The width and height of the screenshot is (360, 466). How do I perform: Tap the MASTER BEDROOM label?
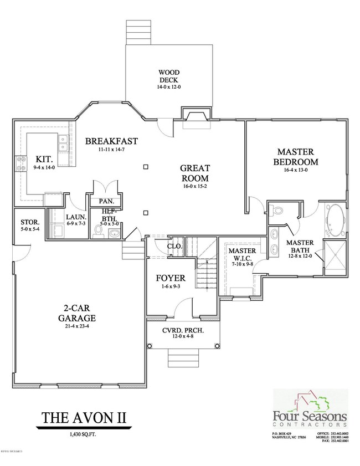click(296, 156)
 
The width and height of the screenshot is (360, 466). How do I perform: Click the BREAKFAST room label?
click(111, 141)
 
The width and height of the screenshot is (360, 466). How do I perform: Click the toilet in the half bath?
click(99, 230)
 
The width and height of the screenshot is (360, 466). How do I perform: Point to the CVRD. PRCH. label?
click(182, 331)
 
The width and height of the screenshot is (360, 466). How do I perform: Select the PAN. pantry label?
click(106, 201)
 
